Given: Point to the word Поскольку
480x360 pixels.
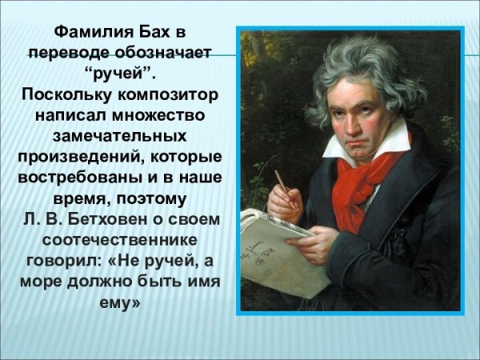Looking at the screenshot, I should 64,95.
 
